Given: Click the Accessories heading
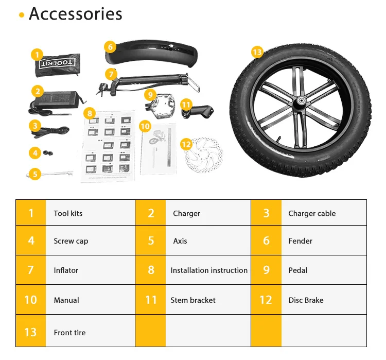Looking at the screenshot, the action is (x=75, y=14).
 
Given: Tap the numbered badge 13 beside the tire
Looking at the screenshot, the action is (x=257, y=52).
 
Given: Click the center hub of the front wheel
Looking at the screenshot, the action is (x=299, y=102).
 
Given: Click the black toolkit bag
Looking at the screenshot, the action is (x=58, y=64).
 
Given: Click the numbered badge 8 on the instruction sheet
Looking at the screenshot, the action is (x=89, y=113).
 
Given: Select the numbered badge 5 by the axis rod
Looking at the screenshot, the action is (x=35, y=174).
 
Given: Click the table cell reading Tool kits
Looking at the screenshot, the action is (x=68, y=213).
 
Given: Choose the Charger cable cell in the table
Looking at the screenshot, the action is (x=312, y=213).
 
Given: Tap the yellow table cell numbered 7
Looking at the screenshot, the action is (x=31, y=270).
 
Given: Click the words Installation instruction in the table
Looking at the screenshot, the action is (x=209, y=270).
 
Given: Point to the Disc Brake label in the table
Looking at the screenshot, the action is (x=306, y=300).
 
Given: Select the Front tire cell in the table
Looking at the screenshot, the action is (x=69, y=332).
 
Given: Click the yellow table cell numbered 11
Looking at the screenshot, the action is (x=150, y=300).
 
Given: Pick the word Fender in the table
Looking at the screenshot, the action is (x=301, y=241).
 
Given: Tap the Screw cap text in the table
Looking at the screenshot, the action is (x=71, y=241).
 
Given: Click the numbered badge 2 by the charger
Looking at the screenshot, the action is (x=37, y=92).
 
